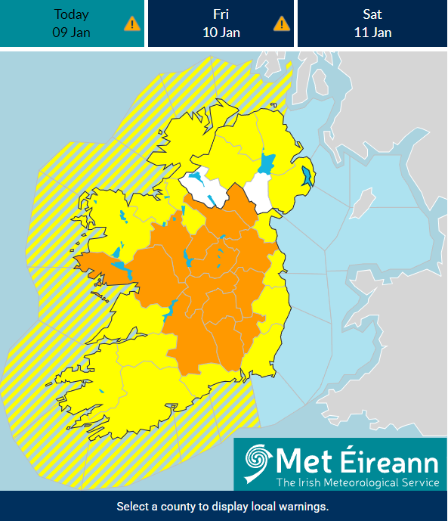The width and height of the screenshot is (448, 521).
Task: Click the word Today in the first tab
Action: pyautogui.click(x=71, y=14)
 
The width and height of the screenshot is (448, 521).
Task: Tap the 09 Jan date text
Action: pyautogui.click(x=71, y=32)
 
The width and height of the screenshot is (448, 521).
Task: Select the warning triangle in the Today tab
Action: pyautogui.click(x=131, y=23)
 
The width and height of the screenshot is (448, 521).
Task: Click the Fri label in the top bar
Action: pyautogui.click(x=221, y=14)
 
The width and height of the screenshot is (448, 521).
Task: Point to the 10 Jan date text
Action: pyautogui.click(x=221, y=32)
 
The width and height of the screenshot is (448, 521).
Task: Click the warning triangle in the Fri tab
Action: pyautogui.click(x=281, y=23)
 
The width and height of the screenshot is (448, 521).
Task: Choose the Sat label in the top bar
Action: pyautogui.click(x=371, y=14)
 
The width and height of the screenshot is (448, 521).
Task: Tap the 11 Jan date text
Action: pyautogui.click(x=371, y=32)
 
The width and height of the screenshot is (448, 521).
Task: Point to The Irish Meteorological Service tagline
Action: pyautogui.click(x=357, y=482)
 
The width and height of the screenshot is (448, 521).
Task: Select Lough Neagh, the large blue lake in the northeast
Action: pyautogui.click(x=266, y=163)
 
